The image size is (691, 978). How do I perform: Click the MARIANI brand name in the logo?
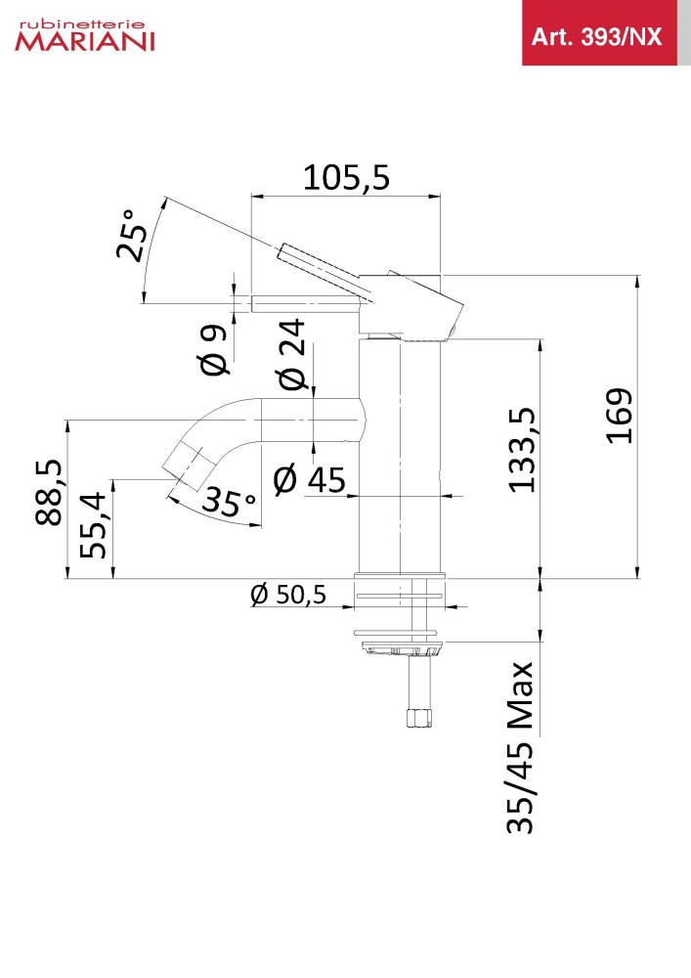pos(85,41)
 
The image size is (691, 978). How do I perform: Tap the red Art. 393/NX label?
pos(596,37)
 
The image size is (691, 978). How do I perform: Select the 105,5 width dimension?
pos(346,177)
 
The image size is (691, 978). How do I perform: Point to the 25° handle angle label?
pos(133,235)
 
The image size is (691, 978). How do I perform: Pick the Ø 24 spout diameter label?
pos(291,354)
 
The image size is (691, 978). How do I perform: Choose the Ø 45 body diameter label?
pos(310,479)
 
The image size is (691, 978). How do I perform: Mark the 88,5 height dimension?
pos(49,493)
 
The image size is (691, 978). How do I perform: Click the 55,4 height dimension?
pos(94,524)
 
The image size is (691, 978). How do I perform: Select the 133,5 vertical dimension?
pos(521,450)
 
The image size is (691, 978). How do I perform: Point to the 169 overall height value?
pos(620,416)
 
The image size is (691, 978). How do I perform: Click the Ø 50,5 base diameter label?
pos(288,595)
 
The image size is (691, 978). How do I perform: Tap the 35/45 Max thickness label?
pos(520,748)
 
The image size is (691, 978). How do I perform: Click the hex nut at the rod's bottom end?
pos(418,718)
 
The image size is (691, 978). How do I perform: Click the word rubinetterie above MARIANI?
pos(82,25)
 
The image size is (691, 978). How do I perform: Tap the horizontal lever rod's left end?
pos(252,304)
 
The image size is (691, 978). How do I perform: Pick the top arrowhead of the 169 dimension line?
pos(637,282)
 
